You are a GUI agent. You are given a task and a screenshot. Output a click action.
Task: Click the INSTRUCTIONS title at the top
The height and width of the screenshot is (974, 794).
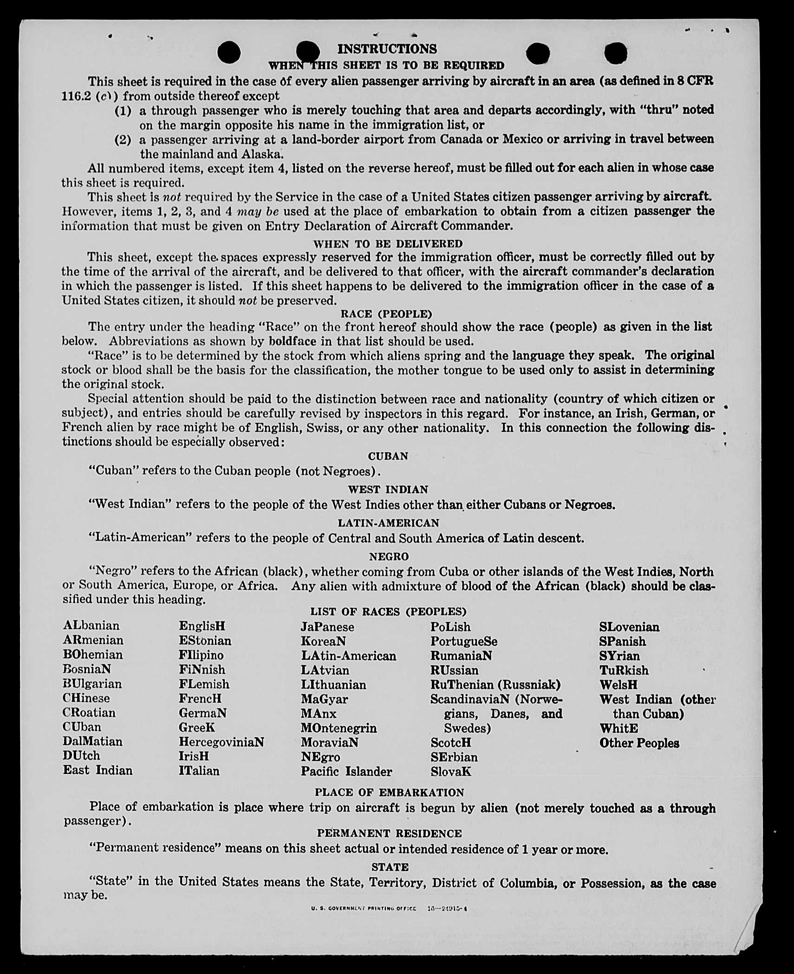click(x=387, y=49)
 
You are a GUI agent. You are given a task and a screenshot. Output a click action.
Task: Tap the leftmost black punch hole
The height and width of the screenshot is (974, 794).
click(x=228, y=52)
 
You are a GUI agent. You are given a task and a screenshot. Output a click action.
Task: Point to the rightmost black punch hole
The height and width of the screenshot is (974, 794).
click(x=616, y=52)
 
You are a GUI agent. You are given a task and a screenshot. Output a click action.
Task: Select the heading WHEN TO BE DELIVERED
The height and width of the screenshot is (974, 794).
click(x=388, y=244)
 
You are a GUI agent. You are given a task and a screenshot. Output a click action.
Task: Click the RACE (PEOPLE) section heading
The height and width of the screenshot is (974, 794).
click(x=387, y=314)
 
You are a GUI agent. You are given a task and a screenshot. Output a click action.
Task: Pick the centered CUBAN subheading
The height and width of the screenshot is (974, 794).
click(x=388, y=456)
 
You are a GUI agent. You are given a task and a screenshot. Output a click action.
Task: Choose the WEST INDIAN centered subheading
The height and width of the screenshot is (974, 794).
click(x=388, y=489)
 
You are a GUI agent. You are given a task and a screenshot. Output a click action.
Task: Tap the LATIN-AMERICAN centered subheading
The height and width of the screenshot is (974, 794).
click(x=388, y=523)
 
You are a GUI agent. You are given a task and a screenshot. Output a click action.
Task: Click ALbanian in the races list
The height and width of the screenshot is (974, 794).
click(x=91, y=626)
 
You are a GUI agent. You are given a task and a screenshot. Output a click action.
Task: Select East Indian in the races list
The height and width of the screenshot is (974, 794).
click(x=98, y=770)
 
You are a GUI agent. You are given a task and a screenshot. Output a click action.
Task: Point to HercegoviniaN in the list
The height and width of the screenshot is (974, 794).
click(x=221, y=742)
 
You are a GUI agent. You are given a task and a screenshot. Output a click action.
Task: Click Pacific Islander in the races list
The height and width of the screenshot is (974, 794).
click(x=346, y=771)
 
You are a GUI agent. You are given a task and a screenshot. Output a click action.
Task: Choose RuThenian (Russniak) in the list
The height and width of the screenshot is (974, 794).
click(x=495, y=684)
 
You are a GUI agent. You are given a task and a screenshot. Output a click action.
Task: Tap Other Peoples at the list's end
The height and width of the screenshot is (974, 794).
click(x=639, y=743)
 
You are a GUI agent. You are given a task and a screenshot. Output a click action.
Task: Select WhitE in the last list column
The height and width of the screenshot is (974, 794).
click(x=618, y=728)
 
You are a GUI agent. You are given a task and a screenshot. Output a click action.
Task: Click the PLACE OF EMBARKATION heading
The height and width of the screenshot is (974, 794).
click(x=389, y=792)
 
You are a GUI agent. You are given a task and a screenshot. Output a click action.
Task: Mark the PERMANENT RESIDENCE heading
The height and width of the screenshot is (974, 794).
click(x=389, y=833)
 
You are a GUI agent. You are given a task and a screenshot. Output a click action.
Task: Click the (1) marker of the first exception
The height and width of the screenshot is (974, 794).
click(x=123, y=111)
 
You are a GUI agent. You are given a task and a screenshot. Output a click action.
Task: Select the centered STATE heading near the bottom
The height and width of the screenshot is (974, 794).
click(x=390, y=867)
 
